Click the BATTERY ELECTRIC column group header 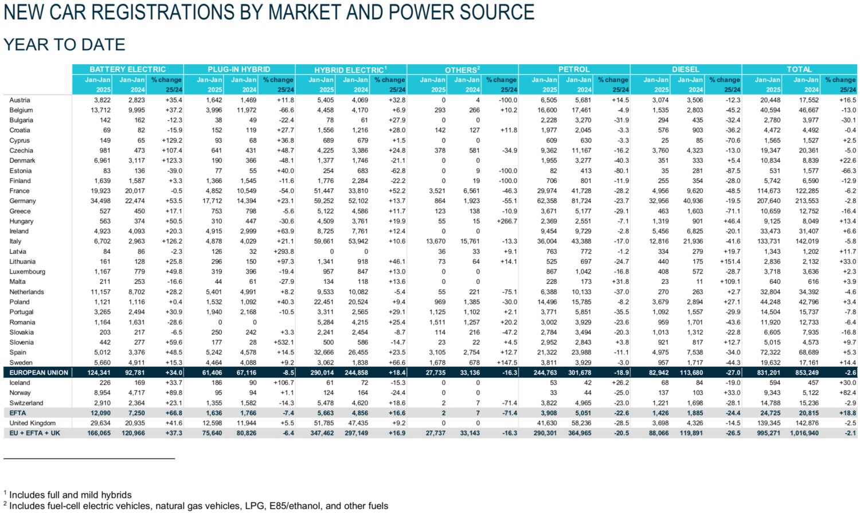(x=127, y=69)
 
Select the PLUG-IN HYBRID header (x=239, y=69)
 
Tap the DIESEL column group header (x=685, y=69)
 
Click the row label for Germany (x=22, y=201)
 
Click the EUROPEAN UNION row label (x=38, y=373)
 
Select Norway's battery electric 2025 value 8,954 (x=101, y=393)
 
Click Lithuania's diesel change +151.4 (x=728, y=261)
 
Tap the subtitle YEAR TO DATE (x=64, y=45)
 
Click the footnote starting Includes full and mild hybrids (x=70, y=495)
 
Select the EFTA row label (x=18, y=413)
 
